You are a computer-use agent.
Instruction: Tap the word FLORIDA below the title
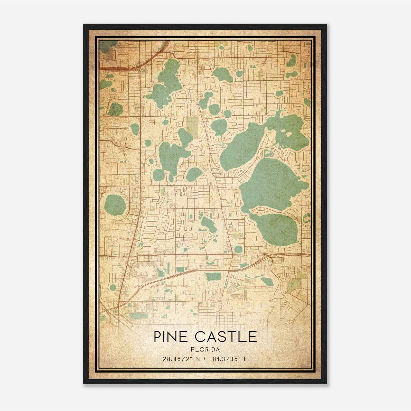205,350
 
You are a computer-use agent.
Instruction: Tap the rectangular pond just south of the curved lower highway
213,277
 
